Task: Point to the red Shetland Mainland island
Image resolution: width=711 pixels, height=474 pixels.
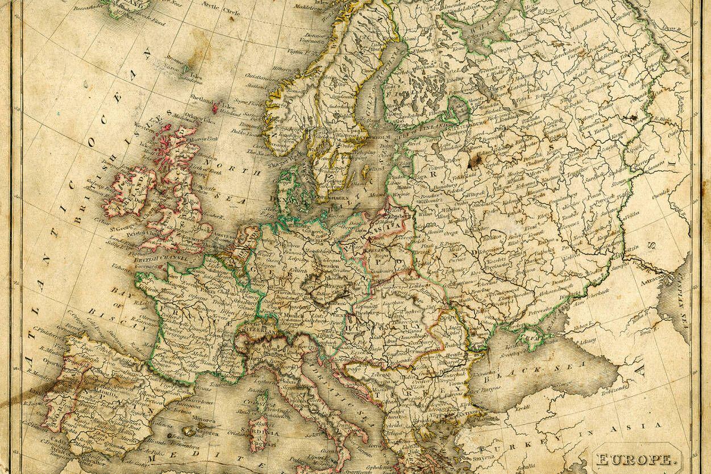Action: click(217, 106)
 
